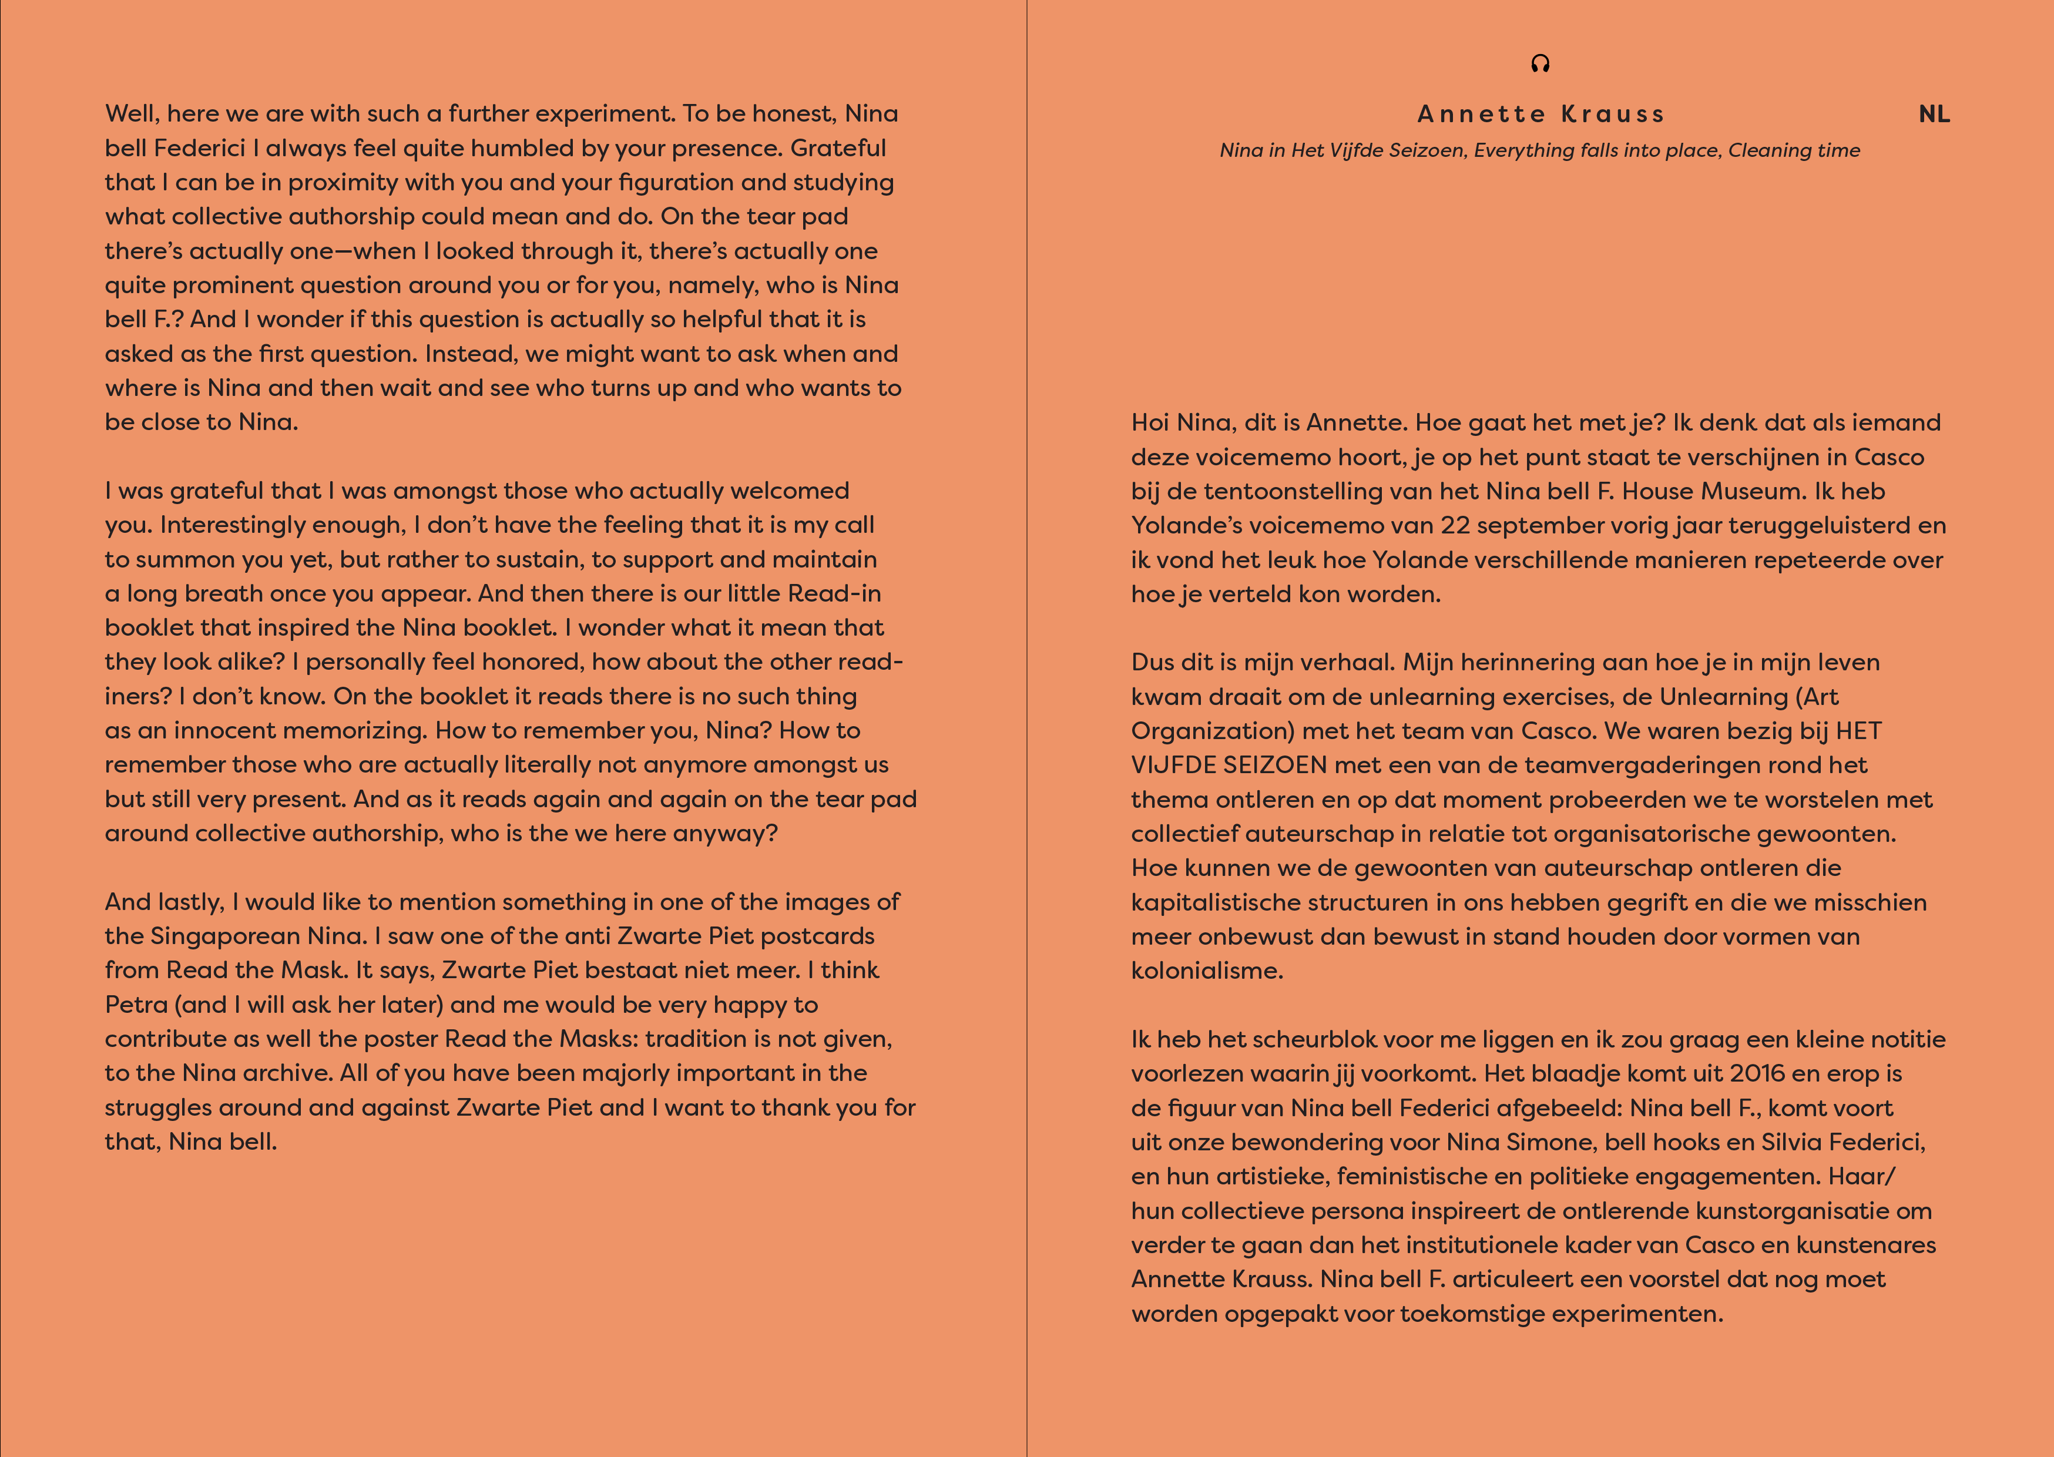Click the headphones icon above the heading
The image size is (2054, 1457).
coord(1540,63)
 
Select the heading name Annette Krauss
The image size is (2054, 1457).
coord(1540,115)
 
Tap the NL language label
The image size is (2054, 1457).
coord(1934,115)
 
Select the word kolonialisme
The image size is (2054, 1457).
coord(1206,971)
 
